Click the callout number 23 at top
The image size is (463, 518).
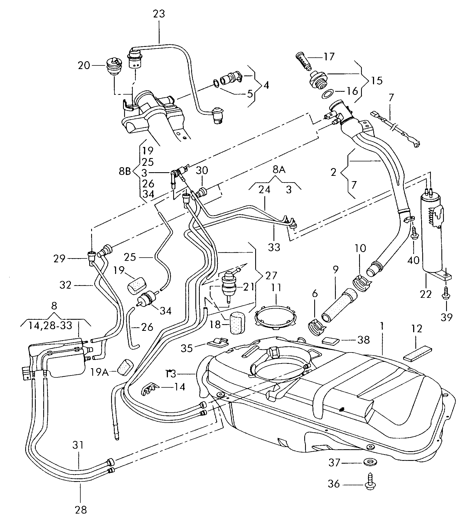pos(159,14)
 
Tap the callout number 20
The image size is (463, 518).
pos(84,66)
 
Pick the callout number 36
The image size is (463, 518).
pos(334,484)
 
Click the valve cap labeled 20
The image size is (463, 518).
pos(113,67)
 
